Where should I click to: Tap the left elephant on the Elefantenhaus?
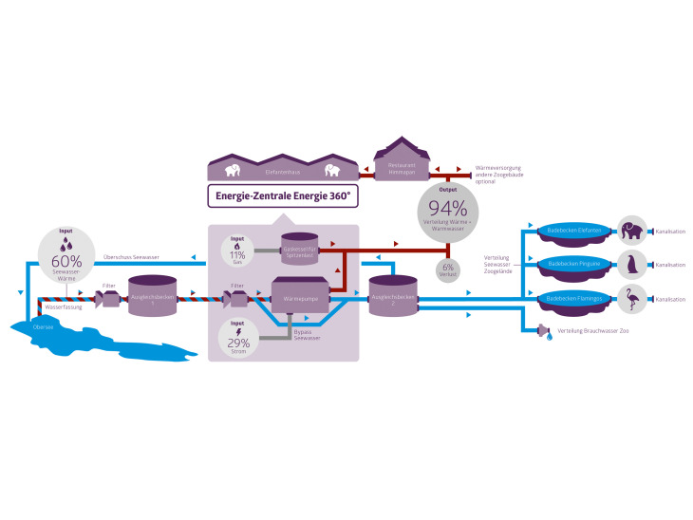tap(231, 171)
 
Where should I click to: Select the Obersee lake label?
tap(44, 327)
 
